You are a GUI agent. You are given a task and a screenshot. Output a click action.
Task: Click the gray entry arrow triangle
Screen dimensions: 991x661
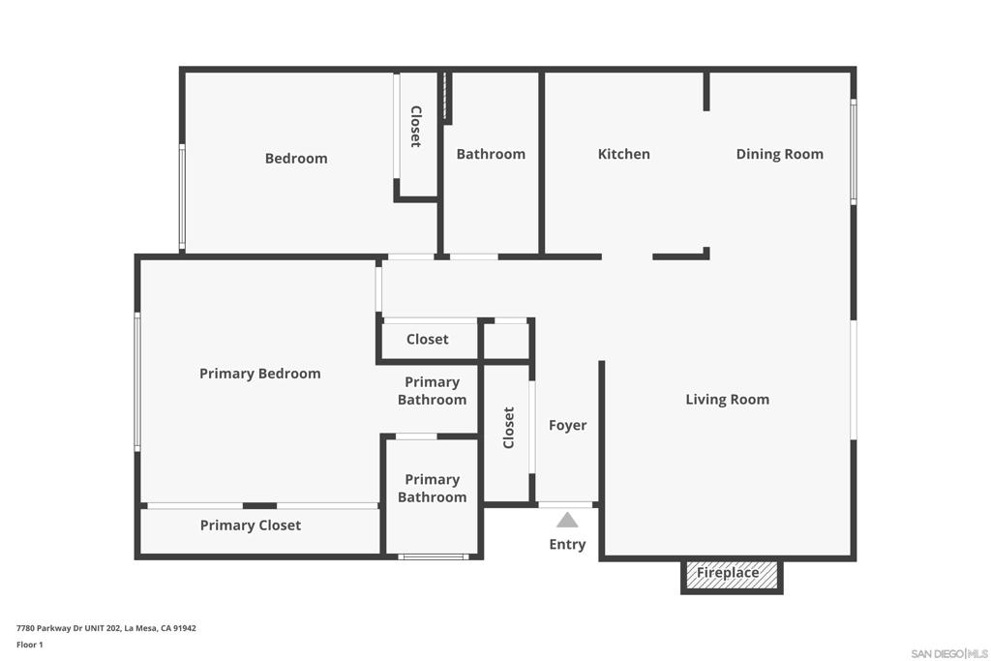coord(567,520)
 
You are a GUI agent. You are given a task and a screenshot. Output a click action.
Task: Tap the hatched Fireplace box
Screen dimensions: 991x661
coord(732,576)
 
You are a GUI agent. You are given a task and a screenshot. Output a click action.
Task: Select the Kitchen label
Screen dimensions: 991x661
coord(624,154)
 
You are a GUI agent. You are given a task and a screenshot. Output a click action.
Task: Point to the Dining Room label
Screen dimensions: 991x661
coord(780,154)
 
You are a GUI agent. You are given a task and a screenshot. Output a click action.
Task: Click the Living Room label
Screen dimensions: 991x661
coord(728,400)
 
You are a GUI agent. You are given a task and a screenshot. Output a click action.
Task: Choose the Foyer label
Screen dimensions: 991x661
coord(567,425)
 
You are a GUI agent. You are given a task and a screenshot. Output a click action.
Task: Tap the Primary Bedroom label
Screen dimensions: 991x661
coord(259,374)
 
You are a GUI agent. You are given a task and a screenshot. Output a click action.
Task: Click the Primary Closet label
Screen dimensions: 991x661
coord(251,526)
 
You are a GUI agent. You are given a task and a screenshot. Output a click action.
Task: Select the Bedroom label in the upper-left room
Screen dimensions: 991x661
coord(296,159)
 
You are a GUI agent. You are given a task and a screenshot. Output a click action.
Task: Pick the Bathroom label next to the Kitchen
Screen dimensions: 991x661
coord(491,154)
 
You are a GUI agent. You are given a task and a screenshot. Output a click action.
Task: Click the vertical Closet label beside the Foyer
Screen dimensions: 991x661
coord(509,428)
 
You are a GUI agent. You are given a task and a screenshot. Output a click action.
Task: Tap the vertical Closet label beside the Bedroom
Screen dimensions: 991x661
coord(416,127)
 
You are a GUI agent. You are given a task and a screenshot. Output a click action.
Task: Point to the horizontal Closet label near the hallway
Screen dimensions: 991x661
coord(427,340)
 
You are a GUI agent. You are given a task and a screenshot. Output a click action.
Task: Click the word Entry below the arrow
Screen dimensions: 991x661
coord(567,544)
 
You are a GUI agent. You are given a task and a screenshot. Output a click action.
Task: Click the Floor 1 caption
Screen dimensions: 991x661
coord(30,645)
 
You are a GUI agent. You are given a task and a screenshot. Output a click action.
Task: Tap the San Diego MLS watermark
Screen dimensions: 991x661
coord(949,653)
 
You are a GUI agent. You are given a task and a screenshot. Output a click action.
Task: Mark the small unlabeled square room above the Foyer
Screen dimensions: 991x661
coord(505,342)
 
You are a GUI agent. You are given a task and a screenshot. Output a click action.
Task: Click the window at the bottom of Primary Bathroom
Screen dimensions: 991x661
coord(434,556)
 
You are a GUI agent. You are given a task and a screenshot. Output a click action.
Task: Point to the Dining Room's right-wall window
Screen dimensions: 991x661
coord(854,152)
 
